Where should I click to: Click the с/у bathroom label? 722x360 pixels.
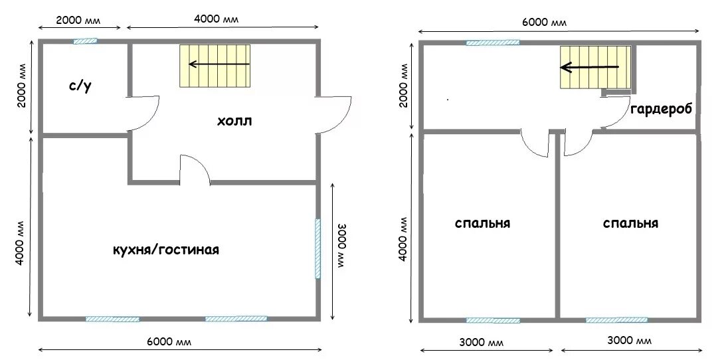[80, 86]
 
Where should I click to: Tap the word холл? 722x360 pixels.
[235, 122]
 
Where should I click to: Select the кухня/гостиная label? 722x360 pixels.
[166, 250]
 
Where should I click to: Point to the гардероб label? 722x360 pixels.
[661, 110]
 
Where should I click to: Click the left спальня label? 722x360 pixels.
[482, 223]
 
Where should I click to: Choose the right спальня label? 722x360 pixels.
[630, 223]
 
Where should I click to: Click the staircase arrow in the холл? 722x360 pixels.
[219, 64]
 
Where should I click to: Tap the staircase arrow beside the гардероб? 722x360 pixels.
[590, 68]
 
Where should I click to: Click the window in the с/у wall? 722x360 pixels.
[85, 41]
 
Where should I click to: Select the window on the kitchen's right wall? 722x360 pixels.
[317, 248]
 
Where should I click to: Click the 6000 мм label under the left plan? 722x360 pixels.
[169, 341]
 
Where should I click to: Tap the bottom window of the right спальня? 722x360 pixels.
[617, 320]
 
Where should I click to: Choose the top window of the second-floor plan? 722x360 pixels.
[493, 43]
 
